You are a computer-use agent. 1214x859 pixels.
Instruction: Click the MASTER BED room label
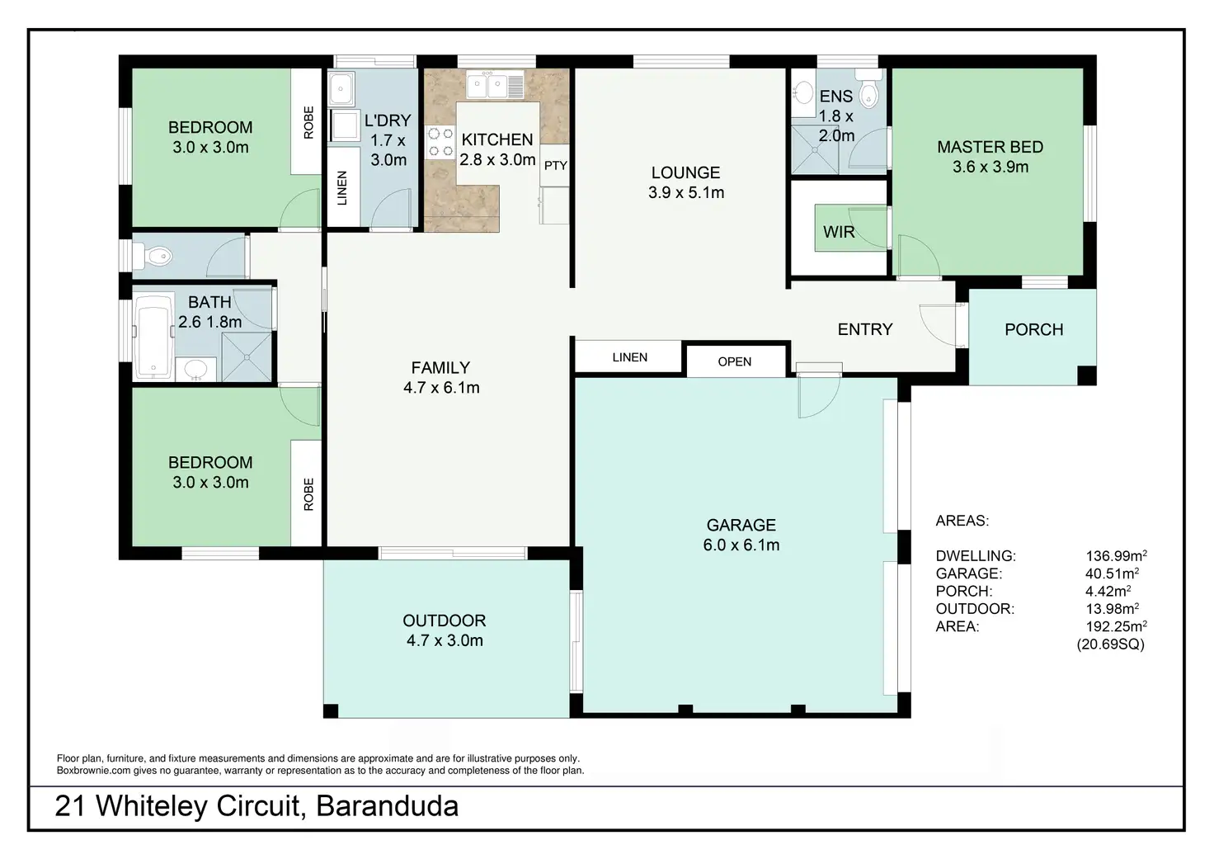pyautogui.click(x=990, y=157)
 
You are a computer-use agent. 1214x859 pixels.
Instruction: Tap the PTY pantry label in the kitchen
pyautogui.click(x=556, y=166)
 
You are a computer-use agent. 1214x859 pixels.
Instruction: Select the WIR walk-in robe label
pyautogui.click(x=839, y=232)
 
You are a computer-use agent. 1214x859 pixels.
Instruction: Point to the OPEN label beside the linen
pyautogui.click(x=734, y=361)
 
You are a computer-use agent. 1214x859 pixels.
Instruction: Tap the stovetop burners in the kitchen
pyautogui.click(x=440, y=141)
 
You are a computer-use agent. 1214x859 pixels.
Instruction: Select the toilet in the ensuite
pyautogui.click(x=868, y=93)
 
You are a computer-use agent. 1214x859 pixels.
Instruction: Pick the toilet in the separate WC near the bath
pyautogui.click(x=155, y=257)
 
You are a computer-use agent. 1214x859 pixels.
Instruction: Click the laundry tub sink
pyautogui.click(x=341, y=87)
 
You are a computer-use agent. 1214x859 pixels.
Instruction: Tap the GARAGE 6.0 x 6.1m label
pyautogui.click(x=741, y=535)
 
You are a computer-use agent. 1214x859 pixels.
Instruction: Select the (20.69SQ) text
pyautogui.click(x=1110, y=644)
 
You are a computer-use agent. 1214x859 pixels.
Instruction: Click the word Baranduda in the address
pyautogui.click(x=387, y=805)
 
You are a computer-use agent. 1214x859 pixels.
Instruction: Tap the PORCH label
pyautogui.click(x=1033, y=329)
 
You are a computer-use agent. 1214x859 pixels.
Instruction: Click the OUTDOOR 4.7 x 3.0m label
pyautogui.click(x=445, y=630)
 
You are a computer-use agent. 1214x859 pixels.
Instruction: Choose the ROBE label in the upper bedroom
pyautogui.click(x=308, y=122)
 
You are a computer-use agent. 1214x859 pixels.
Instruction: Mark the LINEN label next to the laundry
pyautogui.click(x=342, y=187)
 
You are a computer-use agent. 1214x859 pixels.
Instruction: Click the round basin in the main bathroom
pyautogui.click(x=196, y=368)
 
